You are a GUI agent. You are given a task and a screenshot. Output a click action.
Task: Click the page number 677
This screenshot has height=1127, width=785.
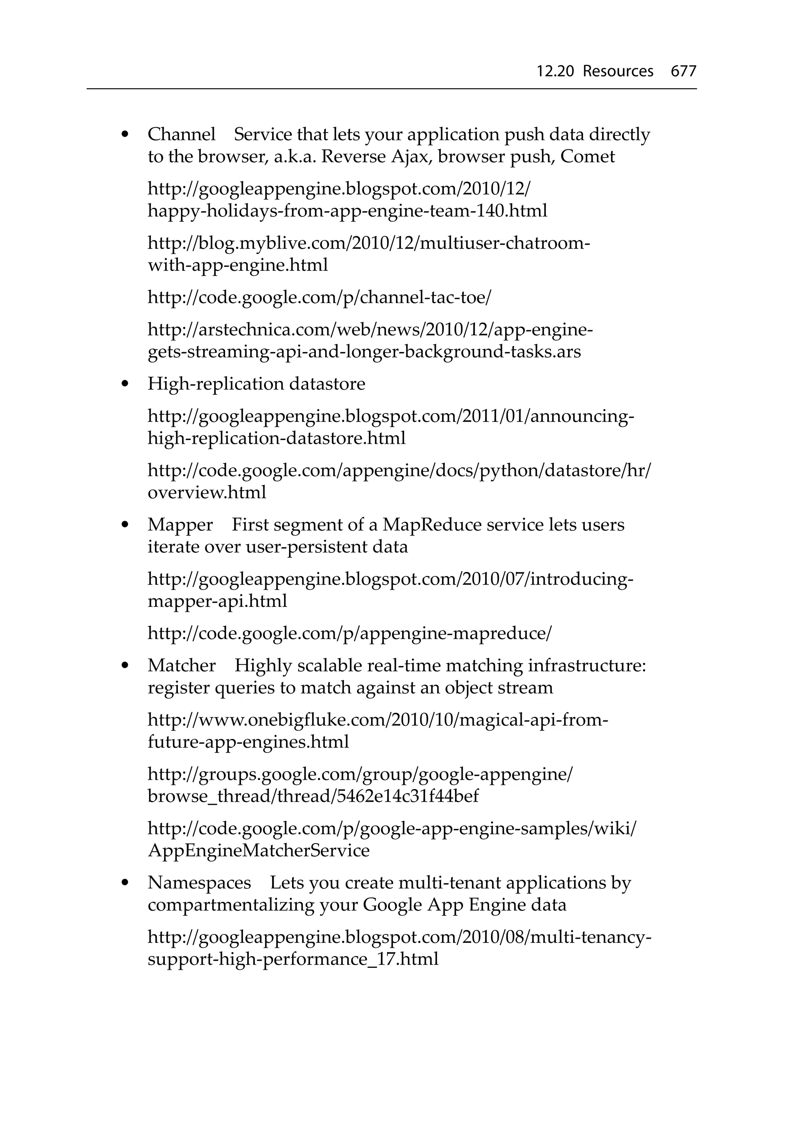click(x=683, y=72)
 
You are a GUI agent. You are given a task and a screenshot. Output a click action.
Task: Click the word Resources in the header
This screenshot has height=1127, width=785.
click(x=618, y=72)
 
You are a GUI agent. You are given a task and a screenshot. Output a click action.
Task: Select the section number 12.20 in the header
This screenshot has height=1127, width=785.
click(x=555, y=72)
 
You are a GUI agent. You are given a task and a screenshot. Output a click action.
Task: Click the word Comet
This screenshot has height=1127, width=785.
click(x=587, y=157)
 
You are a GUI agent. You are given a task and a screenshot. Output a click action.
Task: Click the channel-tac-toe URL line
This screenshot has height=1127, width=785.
click(x=319, y=297)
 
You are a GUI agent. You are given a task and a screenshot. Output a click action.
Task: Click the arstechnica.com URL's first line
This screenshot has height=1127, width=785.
click(x=370, y=330)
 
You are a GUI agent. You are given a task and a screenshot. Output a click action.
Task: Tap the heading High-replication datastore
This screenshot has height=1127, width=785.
click(x=256, y=384)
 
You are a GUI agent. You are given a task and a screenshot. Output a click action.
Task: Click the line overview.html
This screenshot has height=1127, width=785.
click(x=207, y=492)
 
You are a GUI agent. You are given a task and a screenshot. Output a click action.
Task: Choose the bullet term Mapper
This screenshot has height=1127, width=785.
click(x=180, y=525)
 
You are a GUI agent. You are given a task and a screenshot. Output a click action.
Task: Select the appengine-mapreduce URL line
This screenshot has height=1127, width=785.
click(x=349, y=633)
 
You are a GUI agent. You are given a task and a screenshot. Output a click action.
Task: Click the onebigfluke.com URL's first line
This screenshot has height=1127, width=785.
click(x=378, y=720)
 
